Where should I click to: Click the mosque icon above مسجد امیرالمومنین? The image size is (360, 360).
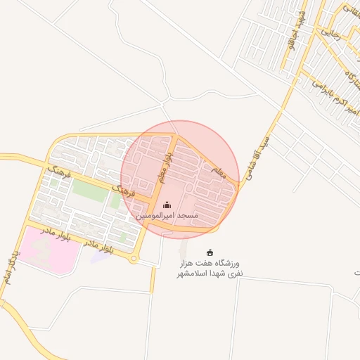point(167,205)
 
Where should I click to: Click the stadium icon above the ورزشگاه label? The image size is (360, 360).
point(209,252)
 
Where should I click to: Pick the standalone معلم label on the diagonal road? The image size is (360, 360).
point(218,171)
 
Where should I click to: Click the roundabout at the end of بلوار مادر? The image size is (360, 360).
point(133,259)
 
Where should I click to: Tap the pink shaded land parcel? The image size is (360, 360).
point(42,245)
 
